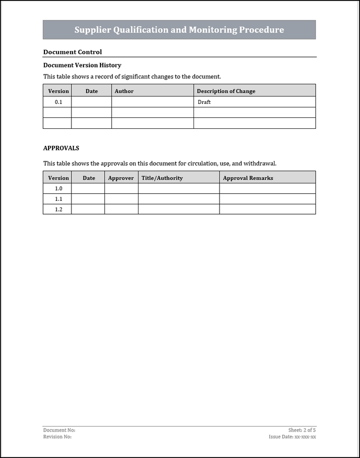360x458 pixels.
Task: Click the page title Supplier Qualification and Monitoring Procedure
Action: tap(179, 30)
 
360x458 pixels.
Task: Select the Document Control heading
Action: tap(72, 52)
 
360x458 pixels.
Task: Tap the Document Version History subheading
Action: tap(82, 65)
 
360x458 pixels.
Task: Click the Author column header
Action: tap(124, 91)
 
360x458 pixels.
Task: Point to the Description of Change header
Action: tap(226, 91)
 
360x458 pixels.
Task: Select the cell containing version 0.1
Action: tap(58, 102)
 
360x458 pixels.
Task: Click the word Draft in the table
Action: tap(204, 102)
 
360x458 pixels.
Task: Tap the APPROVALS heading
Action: tap(61, 148)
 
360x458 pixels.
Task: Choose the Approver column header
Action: tap(121, 178)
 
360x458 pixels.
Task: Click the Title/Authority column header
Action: tap(162, 178)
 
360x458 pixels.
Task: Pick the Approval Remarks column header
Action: tap(248, 178)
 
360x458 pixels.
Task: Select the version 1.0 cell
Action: tap(58, 189)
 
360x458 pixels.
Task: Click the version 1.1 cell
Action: tap(58, 199)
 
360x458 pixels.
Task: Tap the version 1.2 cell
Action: tap(58, 210)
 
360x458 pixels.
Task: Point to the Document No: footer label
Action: tap(59, 430)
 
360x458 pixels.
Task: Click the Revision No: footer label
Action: tap(57, 437)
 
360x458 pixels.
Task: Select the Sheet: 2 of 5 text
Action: tap(302, 430)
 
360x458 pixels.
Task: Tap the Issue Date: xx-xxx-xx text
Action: tap(292, 437)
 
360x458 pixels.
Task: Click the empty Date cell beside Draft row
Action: tap(91, 102)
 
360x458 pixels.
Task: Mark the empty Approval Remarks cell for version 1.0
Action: tap(267, 189)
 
